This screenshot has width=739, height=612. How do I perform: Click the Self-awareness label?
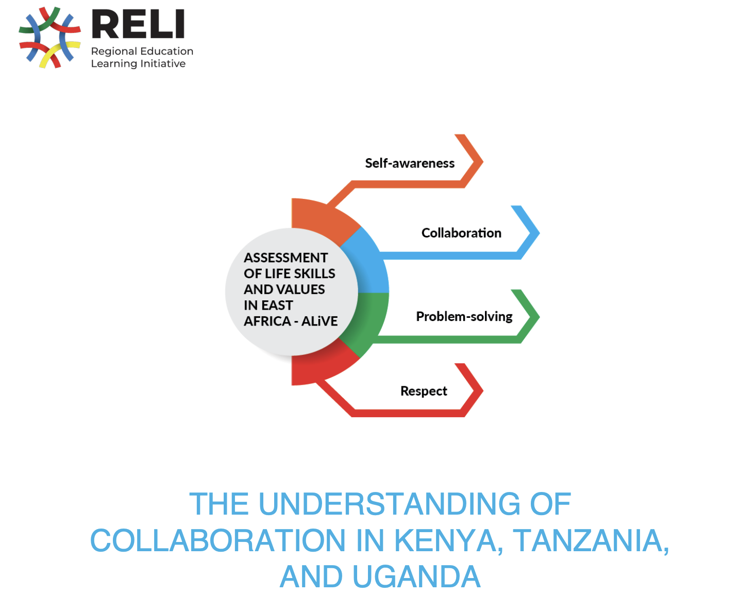[410, 163]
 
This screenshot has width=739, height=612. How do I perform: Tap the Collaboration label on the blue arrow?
[461, 233]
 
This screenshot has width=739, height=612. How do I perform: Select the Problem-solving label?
[464, 317]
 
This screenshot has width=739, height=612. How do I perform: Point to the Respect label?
[424, 391]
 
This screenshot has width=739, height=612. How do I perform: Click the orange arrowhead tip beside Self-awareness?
[483, 162]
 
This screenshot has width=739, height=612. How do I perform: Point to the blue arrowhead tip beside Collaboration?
[540, 233]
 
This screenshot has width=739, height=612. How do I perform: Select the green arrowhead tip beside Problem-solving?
[540, 317]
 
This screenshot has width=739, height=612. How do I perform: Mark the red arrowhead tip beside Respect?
[483, 390]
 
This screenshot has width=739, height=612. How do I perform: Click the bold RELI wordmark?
[138, 24]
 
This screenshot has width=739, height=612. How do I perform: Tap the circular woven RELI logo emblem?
[49, 37]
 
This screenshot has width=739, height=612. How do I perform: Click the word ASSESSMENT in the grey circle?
[285, 258]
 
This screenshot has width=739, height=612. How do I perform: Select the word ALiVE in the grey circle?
[319, 321]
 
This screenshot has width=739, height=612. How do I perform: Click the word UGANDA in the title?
[416, 576]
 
